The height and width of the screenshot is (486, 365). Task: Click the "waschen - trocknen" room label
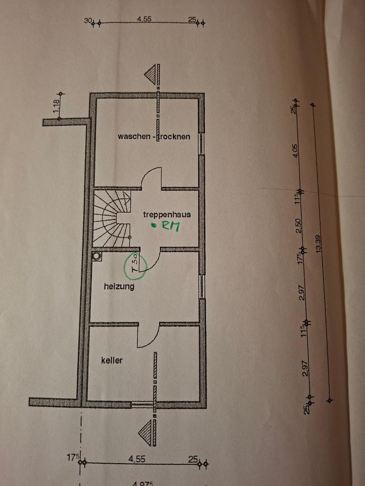coord(154,136)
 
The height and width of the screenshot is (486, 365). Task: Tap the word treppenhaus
coord(162,214)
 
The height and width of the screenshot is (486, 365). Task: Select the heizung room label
coord(119,287)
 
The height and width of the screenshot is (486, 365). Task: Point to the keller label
coord(112,360)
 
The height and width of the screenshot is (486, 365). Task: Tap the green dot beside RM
coord(154,226)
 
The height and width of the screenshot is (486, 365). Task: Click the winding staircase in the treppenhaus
coord(112,218)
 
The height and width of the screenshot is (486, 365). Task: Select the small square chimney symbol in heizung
coord(96,256)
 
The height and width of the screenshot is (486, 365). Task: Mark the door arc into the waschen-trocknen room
coord(151,179)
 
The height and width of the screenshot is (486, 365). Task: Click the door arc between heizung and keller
coord(149,335)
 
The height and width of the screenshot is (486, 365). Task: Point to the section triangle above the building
coord(152,76)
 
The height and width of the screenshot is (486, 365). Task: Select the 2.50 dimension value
coord(299,223)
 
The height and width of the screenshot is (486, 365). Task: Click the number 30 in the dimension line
coord(88,21)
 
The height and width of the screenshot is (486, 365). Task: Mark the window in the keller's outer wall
coord(142,404)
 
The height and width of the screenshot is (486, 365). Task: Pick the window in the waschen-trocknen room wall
coord(202,144)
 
